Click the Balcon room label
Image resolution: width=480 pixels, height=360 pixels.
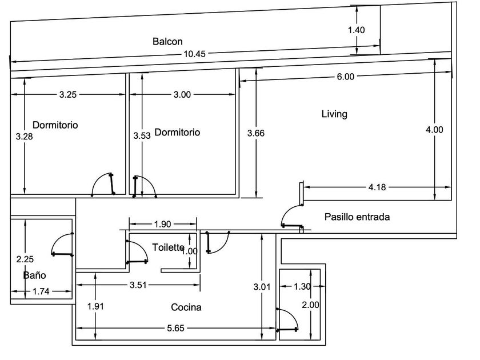167,41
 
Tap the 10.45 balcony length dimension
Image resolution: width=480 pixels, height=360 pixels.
194,54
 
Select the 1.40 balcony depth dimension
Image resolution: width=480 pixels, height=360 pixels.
356,30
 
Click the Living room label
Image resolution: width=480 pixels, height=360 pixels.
334,114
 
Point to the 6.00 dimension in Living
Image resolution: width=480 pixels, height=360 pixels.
345,77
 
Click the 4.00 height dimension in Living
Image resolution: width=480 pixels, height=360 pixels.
434,130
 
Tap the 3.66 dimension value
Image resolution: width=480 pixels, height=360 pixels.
256,133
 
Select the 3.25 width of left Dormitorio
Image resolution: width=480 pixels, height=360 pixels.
67,95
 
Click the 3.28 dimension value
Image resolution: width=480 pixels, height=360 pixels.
24,137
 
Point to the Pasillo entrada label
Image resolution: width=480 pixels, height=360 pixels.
357,217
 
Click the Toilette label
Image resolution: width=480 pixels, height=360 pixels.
168,247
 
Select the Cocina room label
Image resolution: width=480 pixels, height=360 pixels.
186,307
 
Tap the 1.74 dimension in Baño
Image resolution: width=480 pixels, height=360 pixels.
40,292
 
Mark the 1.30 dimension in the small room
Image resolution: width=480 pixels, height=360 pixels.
302,287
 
